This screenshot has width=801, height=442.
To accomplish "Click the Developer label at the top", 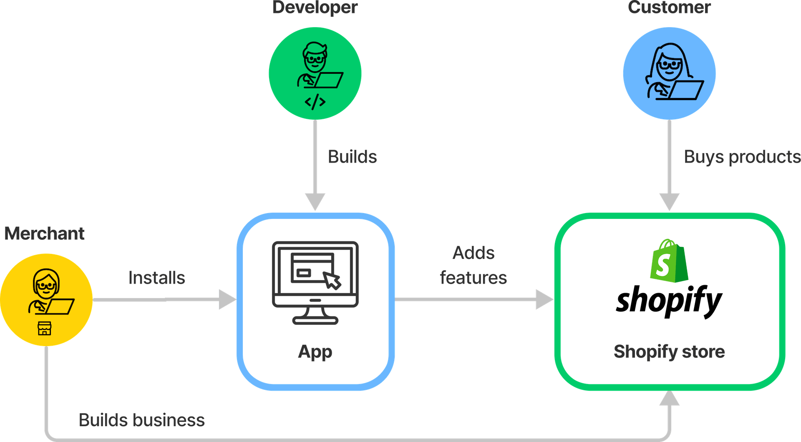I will tap(315, 8).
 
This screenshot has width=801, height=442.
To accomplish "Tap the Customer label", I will tap(669, 8).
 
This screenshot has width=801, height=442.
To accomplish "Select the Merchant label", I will tap(45, 234).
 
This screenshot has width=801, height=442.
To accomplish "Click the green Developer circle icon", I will tap(315, 73).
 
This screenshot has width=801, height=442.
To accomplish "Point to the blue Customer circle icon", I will tap(669, 73).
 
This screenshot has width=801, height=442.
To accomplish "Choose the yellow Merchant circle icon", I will tap(46, 299).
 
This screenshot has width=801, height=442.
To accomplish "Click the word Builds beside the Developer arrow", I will tap(353, 157).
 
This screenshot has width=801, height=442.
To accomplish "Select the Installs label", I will tap(156, 278).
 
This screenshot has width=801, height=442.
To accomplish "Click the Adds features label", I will tap(474, 265).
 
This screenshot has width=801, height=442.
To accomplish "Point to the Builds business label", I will tap(142, 420).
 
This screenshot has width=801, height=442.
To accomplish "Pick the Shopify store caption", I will tap(669, 352).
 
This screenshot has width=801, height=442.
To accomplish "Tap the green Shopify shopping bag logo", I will tap(669, 261).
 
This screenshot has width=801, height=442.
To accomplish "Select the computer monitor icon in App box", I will tap(315, 282).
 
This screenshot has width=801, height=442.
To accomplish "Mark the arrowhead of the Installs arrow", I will tap(227, 300).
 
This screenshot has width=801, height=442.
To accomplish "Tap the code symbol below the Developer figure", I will tap(315, 102).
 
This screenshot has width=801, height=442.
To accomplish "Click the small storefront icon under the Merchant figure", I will tap(45, 329).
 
